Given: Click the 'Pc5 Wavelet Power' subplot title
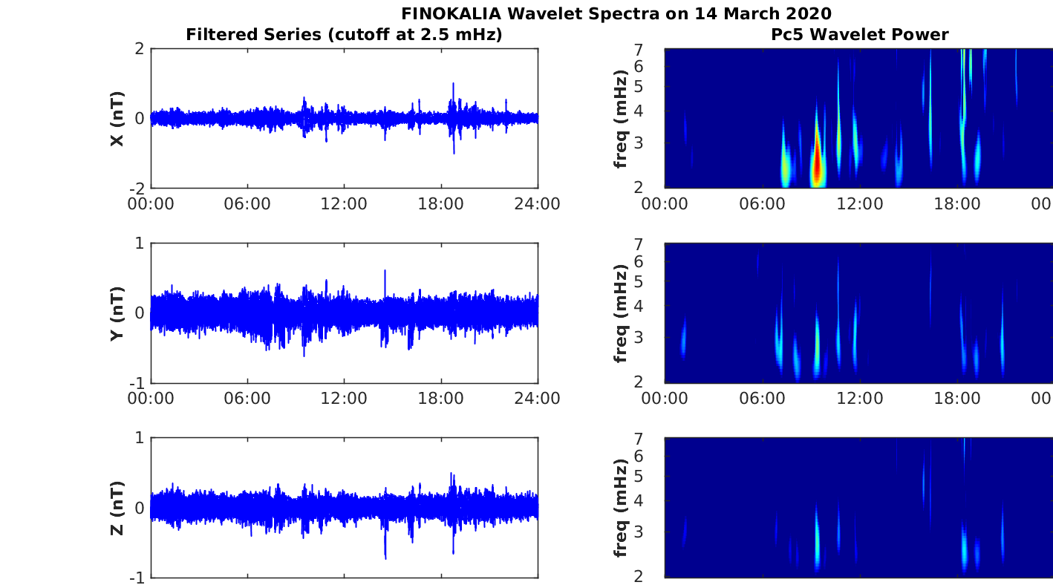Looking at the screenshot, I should click(859, 34).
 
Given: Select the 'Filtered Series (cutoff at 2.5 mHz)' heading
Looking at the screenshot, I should click(344, 34).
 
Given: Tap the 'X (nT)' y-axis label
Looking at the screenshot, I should click(117, 118).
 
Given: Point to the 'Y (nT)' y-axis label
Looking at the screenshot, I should click(117, 313).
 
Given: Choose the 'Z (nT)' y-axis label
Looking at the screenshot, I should click(117, 508).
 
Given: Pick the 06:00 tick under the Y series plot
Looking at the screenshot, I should click(247, 399).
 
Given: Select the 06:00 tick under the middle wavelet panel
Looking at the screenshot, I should click(763, 399).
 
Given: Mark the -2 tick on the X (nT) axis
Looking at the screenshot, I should click(137, 188).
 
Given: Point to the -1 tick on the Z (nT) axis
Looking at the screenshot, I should click(137, 578).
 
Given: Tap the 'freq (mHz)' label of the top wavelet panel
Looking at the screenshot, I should click(622, 118).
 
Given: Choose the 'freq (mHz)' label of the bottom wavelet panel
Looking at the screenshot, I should click(622, 508).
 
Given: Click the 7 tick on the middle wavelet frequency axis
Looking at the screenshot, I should click(656, 244).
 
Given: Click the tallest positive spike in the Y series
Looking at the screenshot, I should click(385, 272).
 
